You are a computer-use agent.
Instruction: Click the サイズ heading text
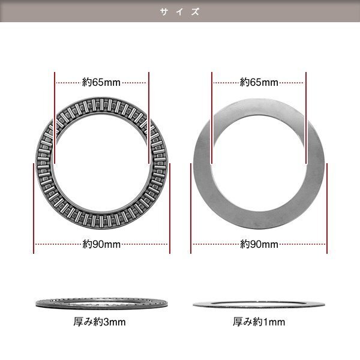click(180, 12)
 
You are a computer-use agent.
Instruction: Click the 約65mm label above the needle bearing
click(101, 82)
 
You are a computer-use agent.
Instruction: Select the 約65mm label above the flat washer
click(259, 82)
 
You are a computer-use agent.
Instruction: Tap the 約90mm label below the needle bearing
click(101, 244)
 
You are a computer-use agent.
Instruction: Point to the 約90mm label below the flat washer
click(259, 244)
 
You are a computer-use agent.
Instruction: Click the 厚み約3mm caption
click(100, 322)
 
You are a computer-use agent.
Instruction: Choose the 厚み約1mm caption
click(259, 322)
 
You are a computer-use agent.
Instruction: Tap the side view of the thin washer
click(259, 304)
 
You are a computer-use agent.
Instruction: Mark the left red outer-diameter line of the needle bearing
click(34, 208)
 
